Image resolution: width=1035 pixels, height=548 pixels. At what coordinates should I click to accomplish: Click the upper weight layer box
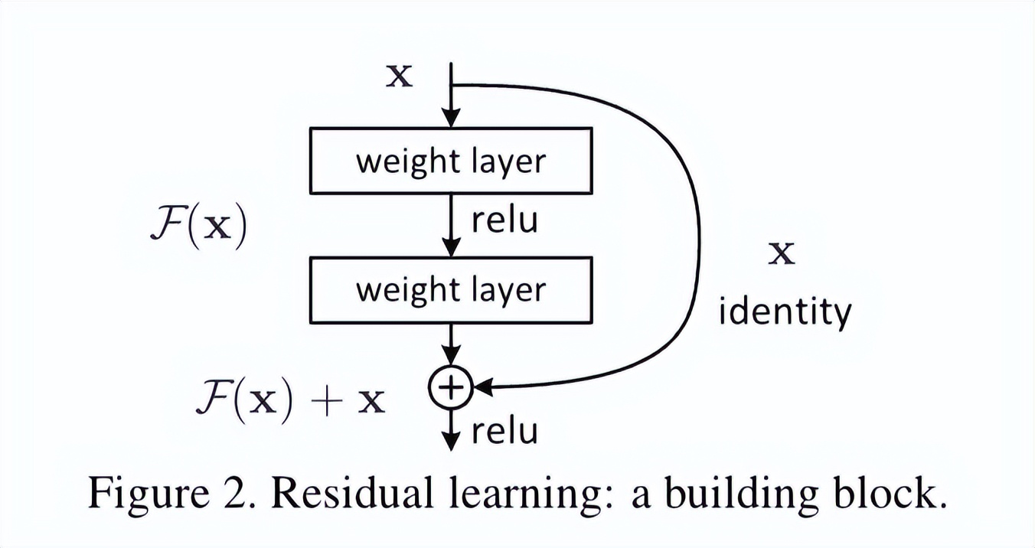[x=451, y=161]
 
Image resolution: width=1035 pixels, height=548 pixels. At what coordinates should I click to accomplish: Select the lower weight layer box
[x=451, y=289]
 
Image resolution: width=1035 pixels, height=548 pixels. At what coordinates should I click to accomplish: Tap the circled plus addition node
[x=452, y=388]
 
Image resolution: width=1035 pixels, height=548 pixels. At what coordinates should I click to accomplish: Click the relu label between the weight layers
[x=504, y=220]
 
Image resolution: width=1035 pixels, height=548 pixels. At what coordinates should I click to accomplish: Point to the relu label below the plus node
[x=504, y=432]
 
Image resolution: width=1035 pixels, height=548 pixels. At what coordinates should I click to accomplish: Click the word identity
[x=784, y=312]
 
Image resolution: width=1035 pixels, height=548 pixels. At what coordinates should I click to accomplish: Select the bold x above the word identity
[x=782, y=253]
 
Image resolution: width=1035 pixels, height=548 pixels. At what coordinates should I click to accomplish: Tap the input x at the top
[x=399, y=76]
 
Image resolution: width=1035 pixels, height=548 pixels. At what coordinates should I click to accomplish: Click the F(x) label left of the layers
[x=198, y=227]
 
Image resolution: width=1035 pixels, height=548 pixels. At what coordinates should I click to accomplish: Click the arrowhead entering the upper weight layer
[x=452, y=119]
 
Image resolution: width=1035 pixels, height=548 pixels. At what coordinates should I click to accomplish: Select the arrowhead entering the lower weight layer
[x=452, y=248]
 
